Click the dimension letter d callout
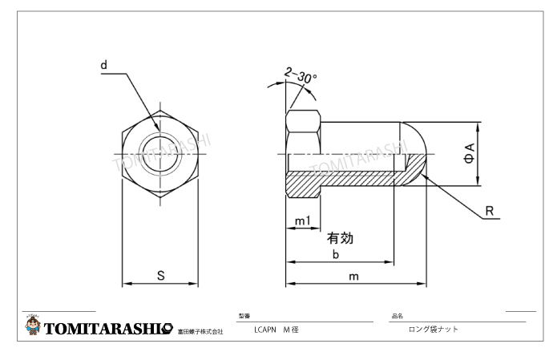point(104,63)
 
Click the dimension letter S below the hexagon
point(160,275)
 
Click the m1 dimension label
point(302,220)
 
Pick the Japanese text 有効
point(340,238)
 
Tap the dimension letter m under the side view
point(353,276)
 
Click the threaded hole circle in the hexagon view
point(159,152)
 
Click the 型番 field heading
point(244,316)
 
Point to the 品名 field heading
point(397,316)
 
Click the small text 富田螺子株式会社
point(200,331)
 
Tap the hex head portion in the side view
point(304,132)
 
